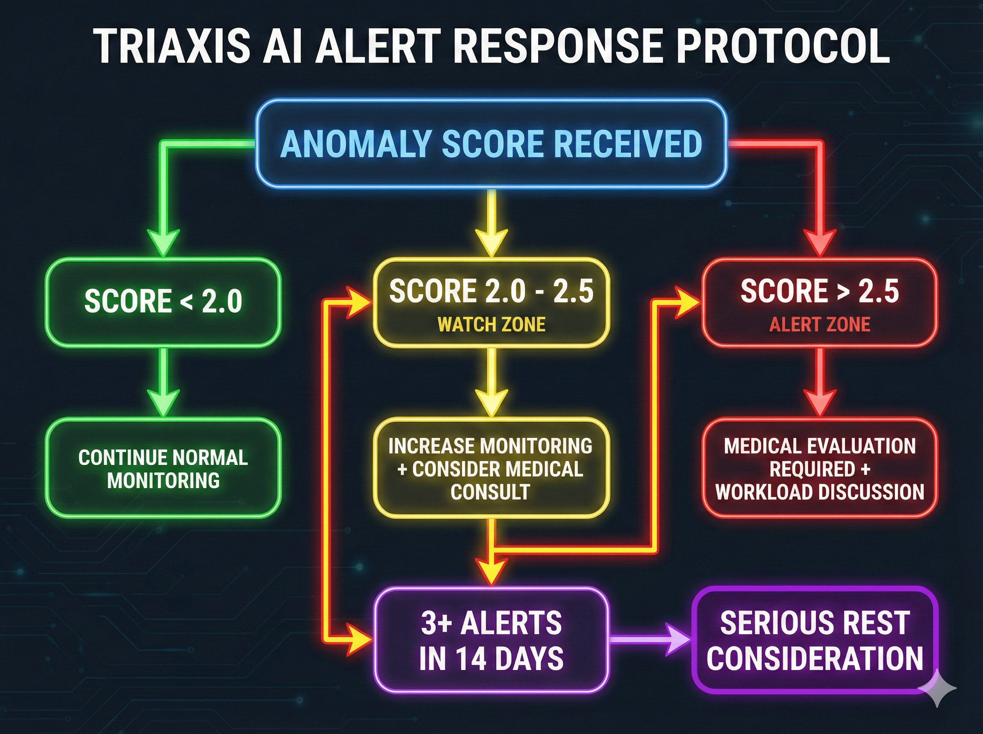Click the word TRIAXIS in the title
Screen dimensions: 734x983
click(172, 47)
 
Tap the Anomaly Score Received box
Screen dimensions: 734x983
click(491, 143)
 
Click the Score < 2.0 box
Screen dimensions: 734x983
click(163, 302)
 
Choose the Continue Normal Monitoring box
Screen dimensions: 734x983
click(163, 468)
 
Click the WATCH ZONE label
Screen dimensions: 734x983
click(491, 324)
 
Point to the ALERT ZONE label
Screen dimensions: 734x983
click(820, 324)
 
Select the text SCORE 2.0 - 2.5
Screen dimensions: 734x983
click(491, 291)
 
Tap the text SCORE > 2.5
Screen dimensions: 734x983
click(820, 291)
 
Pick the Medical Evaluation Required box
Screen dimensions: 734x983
click(820, 468)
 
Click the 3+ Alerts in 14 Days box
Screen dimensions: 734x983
click(491, 640)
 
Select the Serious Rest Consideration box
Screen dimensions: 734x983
click(815, 640)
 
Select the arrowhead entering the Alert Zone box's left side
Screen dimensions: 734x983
click(686, 303)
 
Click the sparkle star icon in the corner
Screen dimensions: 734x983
click(937, 688)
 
